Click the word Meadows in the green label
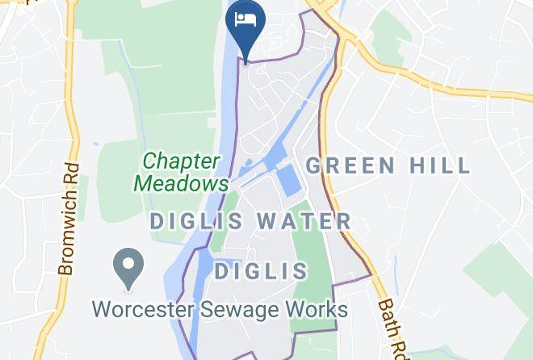[x=182, y=183]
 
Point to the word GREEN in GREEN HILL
[x=350, y=166]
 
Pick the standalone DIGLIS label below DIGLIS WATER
[x=262, y=270]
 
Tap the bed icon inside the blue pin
[x=245, y=19]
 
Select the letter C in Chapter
[x=151, y=161]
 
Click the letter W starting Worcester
[x=103, y=309]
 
